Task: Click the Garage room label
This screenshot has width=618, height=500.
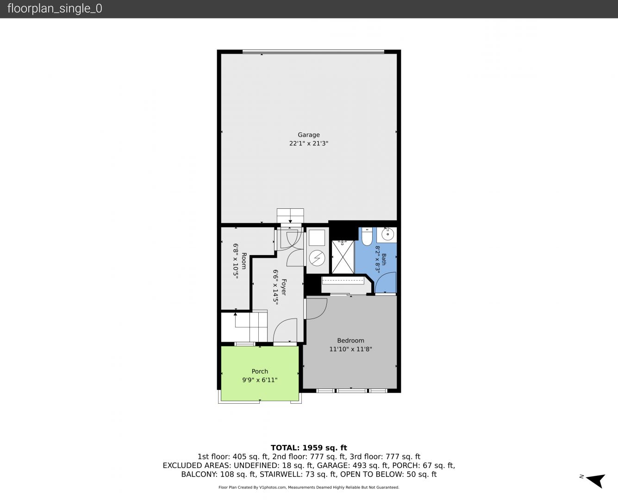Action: tap(309, 135)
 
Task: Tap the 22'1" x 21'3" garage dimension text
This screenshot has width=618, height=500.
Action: tap(309, 143)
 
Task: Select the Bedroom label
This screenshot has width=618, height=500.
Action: tap(350, 340)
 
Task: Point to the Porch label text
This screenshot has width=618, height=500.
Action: tap(260, 371)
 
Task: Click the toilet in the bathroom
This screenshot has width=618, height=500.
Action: tap(367, 236)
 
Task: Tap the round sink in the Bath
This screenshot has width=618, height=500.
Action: tap(387, 234)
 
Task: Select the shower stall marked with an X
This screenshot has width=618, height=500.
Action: tap(343, 257)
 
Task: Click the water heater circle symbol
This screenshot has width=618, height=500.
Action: tap(317, 258)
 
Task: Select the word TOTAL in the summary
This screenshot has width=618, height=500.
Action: tap(285, 448)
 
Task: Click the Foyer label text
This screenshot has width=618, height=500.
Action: tap(284, 287)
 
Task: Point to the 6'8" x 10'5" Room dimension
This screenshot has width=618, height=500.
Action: tap(236, 261)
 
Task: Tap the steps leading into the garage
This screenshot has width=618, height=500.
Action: tap(290, 216)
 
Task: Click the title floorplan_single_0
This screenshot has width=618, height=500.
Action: tap(55, 8)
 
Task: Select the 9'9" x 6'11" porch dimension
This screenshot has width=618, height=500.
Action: tap(260, 380)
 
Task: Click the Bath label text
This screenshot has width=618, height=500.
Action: tap(384, 259)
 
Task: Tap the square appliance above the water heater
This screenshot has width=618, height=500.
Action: tap(317, 237)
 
